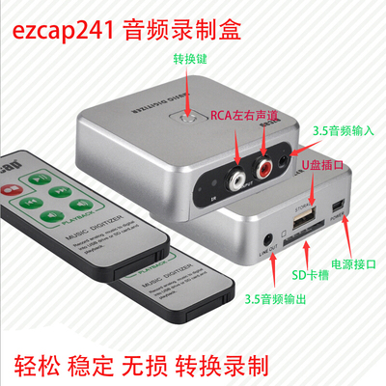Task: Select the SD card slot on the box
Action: coord(297,240)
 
